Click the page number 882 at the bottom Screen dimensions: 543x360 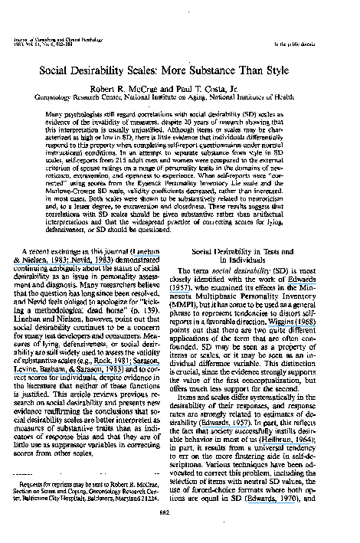[180, 513]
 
